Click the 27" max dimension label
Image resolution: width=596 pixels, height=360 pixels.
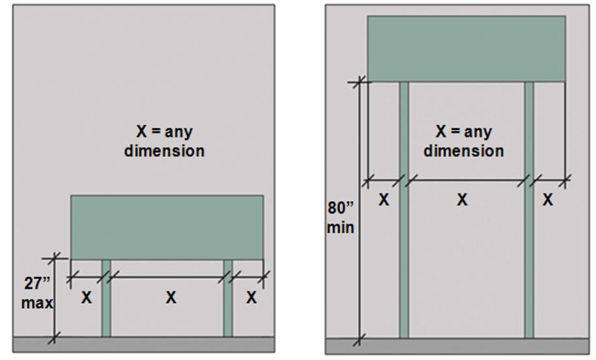tap(37, 293)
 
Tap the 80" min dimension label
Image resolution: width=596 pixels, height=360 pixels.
tap(340, 218)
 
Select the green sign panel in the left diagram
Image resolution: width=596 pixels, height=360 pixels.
tap(167, 228)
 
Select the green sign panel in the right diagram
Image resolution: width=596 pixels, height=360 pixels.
tap(466, 49)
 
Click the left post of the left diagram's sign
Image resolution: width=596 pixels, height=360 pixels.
tap(106, 298)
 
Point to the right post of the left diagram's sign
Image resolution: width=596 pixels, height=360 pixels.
tap(228, 298)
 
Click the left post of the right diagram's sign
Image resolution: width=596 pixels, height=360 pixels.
tap(404, 209)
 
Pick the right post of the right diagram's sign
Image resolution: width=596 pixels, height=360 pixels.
tap(529, 209)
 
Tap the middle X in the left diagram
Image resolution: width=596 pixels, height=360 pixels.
tap(171, 297)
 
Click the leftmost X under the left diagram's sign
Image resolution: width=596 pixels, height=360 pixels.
tap(87, 297)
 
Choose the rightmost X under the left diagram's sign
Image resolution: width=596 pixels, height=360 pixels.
tap(251, 297)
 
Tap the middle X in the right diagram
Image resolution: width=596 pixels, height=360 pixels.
tap(462, 200)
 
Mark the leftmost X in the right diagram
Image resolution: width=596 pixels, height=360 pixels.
tap(384, 200)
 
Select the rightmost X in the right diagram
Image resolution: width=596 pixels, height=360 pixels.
tap(548, 200)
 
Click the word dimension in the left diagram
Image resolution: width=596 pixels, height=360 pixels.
tap(164, 151)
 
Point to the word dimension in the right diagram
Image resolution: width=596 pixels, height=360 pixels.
tap(464, 151)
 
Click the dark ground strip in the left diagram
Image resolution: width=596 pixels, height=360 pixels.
tap(143, 344)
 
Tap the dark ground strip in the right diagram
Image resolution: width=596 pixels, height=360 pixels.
tap(457, 346)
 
